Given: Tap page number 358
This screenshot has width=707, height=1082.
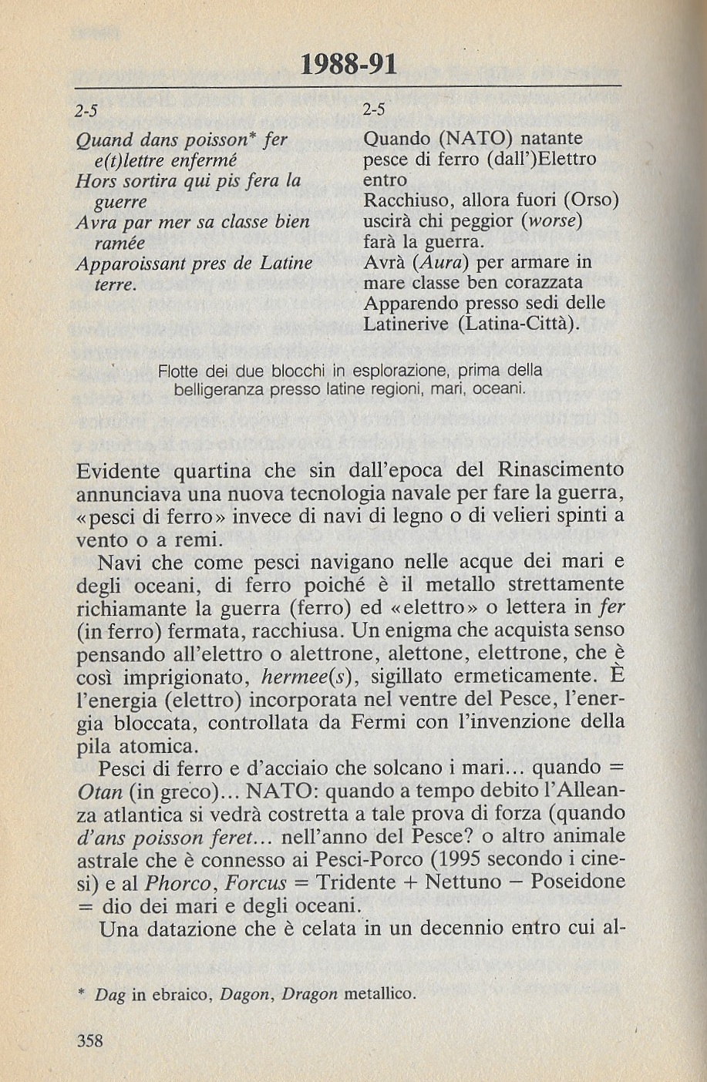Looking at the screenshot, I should (x=90, y=1040).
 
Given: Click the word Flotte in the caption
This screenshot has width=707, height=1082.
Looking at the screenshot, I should (x=178, y=371).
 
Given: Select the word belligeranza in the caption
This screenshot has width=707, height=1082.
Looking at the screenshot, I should (x=220, y=390).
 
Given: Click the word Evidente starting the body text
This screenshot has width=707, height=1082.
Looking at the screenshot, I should (x=119, y=470).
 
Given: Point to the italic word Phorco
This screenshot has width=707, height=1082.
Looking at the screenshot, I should (x=173, y=882).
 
